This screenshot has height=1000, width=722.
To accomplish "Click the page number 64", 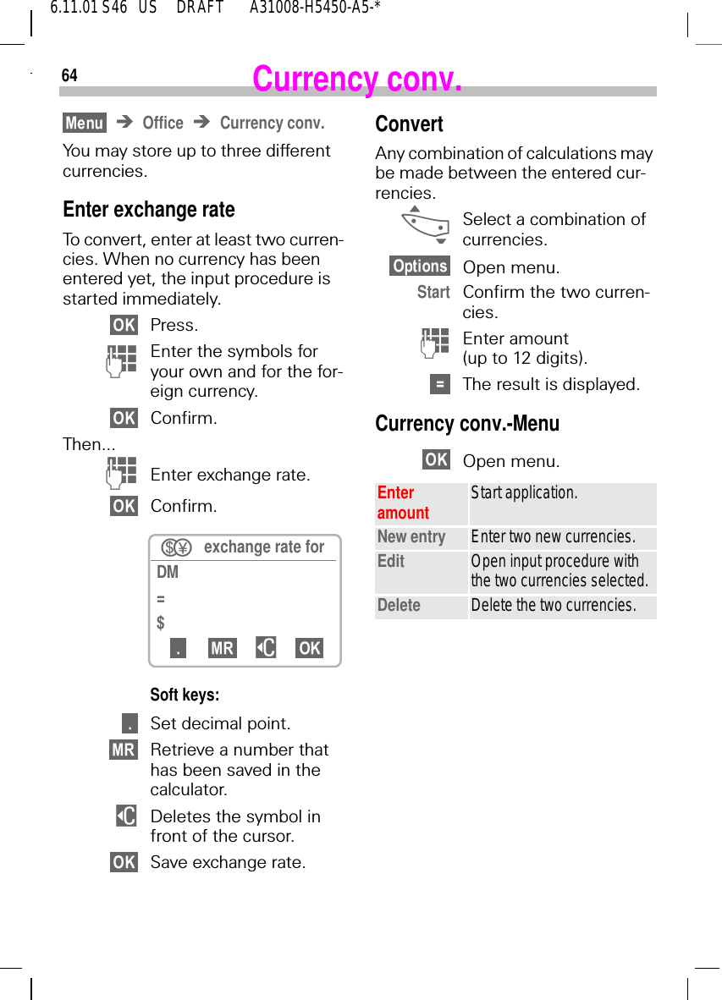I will click(69, 75).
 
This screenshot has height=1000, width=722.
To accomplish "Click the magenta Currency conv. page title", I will click(357, 79).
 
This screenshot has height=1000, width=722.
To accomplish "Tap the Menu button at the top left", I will click(85, 124).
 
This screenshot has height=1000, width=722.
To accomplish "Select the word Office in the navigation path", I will click(163, 124).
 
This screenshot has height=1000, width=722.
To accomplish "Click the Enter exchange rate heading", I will click(149, 209).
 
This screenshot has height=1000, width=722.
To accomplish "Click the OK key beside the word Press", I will click(124, 325).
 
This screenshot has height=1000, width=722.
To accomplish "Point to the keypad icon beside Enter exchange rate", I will click(123, 474).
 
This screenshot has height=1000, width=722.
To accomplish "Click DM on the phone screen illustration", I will click(168, 572).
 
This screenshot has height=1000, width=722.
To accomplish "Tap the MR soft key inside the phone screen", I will click(223, 648).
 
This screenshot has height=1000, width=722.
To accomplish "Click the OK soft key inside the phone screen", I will click(309, 648).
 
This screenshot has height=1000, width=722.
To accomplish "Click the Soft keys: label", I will click(185, 695).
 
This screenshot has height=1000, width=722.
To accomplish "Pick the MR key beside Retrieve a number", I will click(123, 750).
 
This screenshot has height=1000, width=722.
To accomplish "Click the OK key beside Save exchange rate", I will click(124, 862).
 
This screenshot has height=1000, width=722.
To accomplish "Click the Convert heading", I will click(409, 124).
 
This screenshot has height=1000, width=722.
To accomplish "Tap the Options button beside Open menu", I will click(420, 266).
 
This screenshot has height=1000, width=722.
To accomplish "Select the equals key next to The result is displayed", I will click(439, 384).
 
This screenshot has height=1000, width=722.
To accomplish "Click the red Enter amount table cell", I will click(403, 503).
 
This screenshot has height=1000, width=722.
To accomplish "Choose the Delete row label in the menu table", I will click(399, 605).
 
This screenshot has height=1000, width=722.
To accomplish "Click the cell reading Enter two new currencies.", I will click(553, 537).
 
